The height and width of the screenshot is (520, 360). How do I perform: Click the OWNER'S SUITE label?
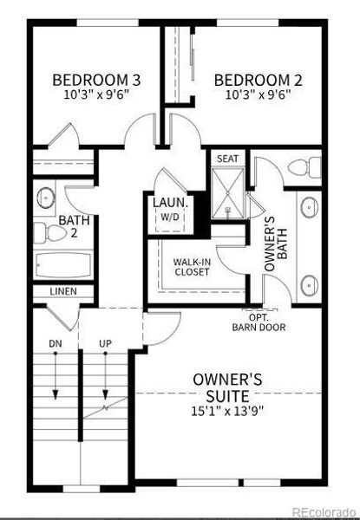pyautogui.click(x=227, y=387)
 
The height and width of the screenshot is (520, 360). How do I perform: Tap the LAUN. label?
pyautogui.click(x=169, y=202)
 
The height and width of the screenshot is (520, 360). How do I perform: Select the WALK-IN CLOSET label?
pyautogui.click(x=193, y=265)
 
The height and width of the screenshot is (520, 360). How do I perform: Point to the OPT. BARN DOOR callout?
pyautogui.click(x=253, y=322)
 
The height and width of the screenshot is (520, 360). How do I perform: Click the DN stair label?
pyautogui.click(x=55, y=345)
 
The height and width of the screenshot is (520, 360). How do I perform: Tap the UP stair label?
pyautogui.click(x=106, y=345)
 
